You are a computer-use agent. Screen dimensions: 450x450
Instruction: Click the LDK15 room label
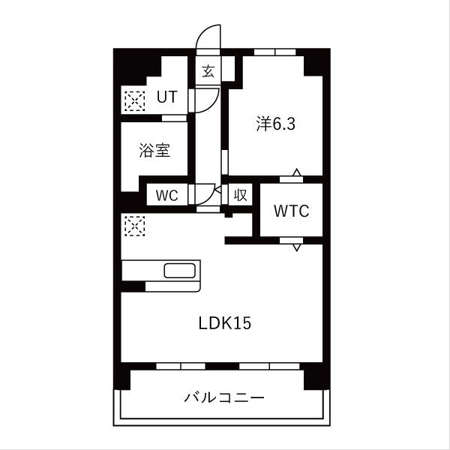click(x=224, y=323)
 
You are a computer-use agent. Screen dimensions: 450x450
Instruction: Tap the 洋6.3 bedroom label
click(x=276, y=124)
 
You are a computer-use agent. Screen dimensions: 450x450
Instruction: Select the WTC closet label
click(x=291, y=211)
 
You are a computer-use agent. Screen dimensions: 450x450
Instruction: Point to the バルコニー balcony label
click(x=225, y=397)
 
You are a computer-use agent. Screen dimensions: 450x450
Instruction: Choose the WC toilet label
click(x=166, y=195)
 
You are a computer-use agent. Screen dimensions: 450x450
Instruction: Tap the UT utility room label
click(x=166, y=97)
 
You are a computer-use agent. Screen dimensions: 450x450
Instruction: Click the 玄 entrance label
click(x=208, y=72)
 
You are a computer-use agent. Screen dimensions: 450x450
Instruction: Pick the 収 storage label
click(x=239, y=195)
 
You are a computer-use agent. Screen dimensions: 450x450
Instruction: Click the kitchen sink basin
click(x=180, y=271)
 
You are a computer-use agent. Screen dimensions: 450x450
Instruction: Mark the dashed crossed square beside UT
click(x=133, y=100)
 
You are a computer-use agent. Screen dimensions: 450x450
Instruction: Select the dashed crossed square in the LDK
click(x=133, y=226)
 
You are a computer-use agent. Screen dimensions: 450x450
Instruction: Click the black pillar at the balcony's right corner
click(x=314, y=379)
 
